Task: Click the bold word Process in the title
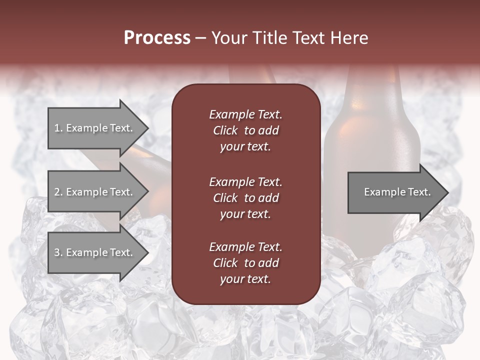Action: click(157, 38)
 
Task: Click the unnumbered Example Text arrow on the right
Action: click(397, 192)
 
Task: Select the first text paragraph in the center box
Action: click(245, 130)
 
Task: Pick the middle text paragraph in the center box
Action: click(245, 197)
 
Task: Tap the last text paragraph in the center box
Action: click(245, 263)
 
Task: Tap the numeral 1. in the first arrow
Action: click(58, 128)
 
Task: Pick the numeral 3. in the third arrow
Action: click(58, 252)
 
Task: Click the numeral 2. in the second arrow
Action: click(58, 192)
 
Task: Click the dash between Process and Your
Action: click(200, 38)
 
